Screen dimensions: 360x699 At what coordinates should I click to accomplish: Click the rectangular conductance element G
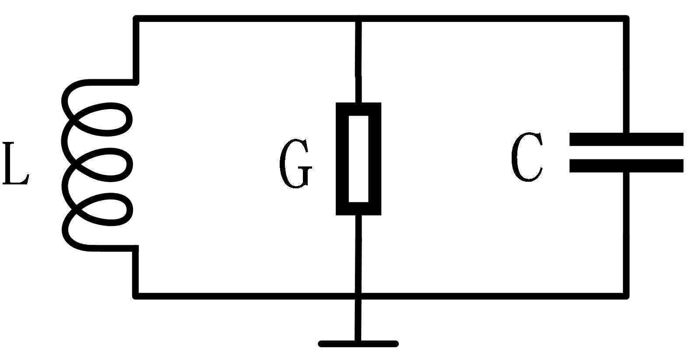coord(358,159)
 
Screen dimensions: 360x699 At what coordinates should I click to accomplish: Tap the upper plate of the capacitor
coord(626,139)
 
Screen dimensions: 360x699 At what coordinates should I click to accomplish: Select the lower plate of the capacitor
coord(626,166)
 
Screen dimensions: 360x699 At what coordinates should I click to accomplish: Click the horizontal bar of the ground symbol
coord(358,344)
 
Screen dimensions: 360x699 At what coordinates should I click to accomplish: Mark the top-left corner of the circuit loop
coord(137,19)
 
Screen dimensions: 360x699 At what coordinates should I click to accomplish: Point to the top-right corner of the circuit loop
coord(627,19)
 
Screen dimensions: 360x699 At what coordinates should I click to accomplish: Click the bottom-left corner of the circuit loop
coord(137,296)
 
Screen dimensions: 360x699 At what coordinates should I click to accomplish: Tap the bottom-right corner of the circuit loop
coord(627,296)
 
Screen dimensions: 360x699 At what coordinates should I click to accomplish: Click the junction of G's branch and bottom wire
coord(358,296)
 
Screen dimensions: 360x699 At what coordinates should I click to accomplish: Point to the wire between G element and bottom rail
coord(358,254)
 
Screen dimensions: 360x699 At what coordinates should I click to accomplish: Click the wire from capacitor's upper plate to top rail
coord(627,74)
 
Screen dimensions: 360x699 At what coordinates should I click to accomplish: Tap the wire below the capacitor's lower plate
coord(627,232)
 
